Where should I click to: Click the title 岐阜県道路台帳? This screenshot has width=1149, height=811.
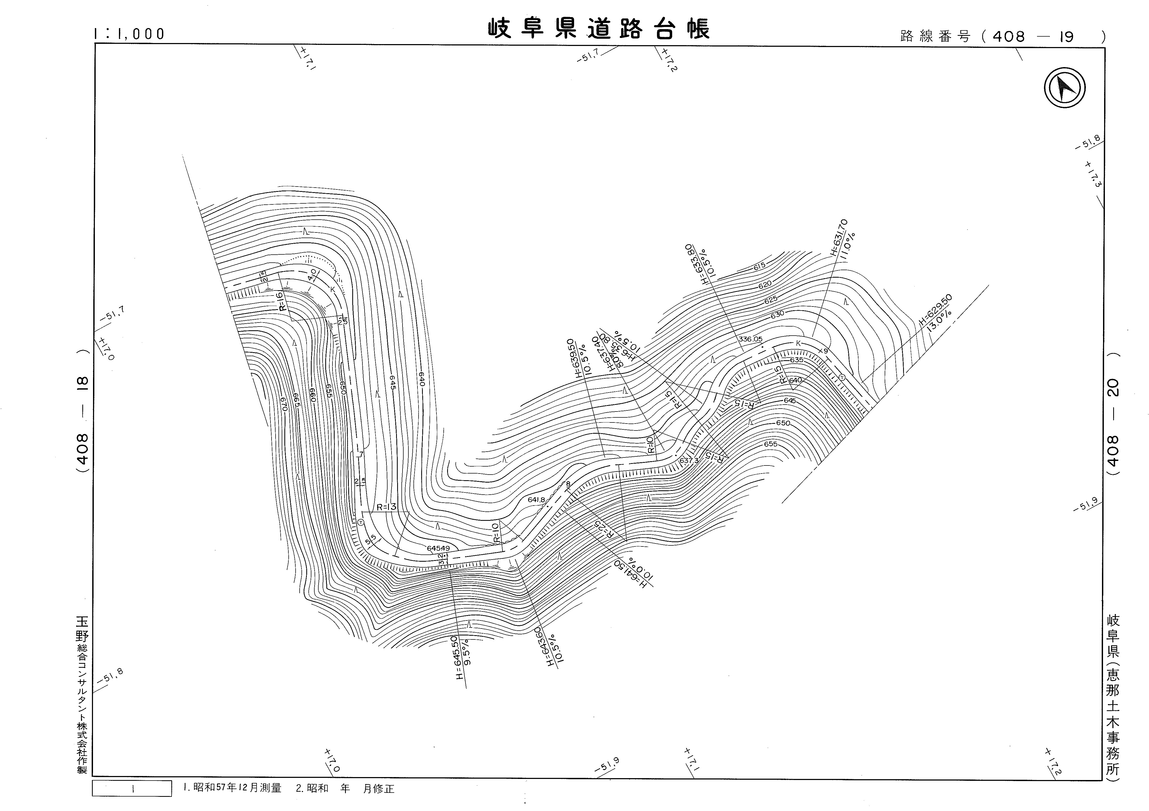598,29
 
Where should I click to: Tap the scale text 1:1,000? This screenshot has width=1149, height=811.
129,34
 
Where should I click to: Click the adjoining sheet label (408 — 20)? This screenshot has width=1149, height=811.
1113,414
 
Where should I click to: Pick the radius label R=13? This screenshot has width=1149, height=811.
386,507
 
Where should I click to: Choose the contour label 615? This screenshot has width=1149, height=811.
759,267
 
